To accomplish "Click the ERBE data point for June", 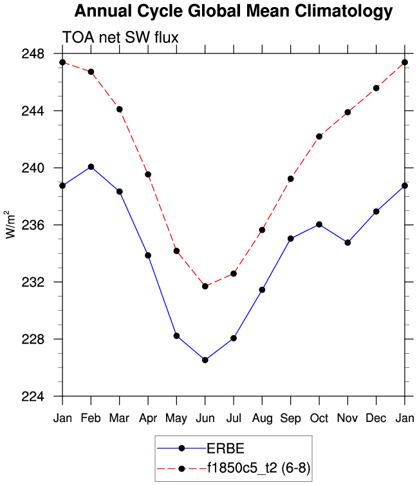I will tap(205, 360).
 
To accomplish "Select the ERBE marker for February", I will tap(91, 167).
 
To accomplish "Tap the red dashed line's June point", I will tap(205, 286).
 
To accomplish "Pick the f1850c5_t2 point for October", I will tap(319, 136).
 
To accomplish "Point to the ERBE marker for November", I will tap(347, 243).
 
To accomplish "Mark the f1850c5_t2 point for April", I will tap(148, 174).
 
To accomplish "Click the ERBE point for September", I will tap(290, 239).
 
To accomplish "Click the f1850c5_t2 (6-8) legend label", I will tap(258, 468).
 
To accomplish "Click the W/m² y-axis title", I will tap(11, 224).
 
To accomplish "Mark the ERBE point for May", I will tap(176, 336).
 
